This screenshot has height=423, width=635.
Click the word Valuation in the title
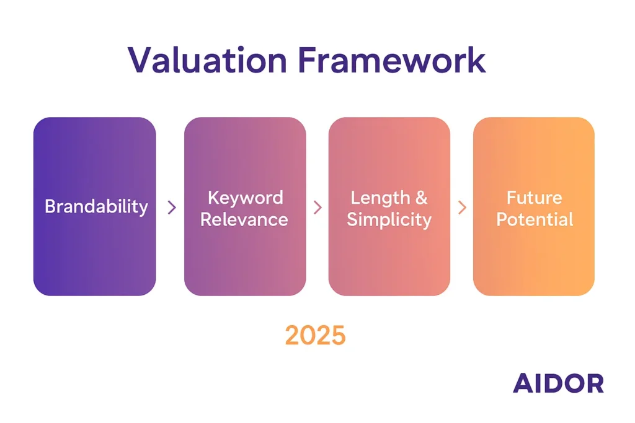pyautogui.click(x=207, y=60)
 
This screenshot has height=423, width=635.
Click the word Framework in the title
pyautogui.click(x=392, y=60)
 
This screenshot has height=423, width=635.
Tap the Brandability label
pyautogui.click(x=96, y=207)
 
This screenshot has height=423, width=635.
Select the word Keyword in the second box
pyautogui.click(x=246, y=198)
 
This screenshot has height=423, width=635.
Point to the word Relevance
pyautogui.click(x=244, y=220)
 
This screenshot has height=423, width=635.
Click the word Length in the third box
pyautogui.click(x=380, y=198)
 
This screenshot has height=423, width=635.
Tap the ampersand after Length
pyautogui.click(x=422, y=198)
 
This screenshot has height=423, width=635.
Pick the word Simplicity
pyautogui.click(x=389, y=220)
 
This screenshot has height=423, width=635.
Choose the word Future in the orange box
pyautogui.click(x=534, y=198)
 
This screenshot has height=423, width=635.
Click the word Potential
pyautogui.click(x=535, y=220)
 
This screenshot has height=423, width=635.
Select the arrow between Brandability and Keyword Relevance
pyautogui.click(x=172, y=207)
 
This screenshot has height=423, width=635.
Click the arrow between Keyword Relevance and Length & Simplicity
pyautogui.click(x=318, y=207)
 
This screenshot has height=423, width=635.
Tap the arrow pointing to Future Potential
pyautogui.click(x=462, y=207)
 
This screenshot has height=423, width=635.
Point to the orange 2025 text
pyautogui.click(x=316, y=335)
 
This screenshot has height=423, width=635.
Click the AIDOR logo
pyautogui.click(x=559, y=383)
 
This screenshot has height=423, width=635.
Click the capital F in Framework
pyautogui.click(x=308, y=60)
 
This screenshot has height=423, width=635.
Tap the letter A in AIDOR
pyautogui.click(x=522, y=383)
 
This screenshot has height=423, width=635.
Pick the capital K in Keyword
pyautogui.click(x=213, y=198)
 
